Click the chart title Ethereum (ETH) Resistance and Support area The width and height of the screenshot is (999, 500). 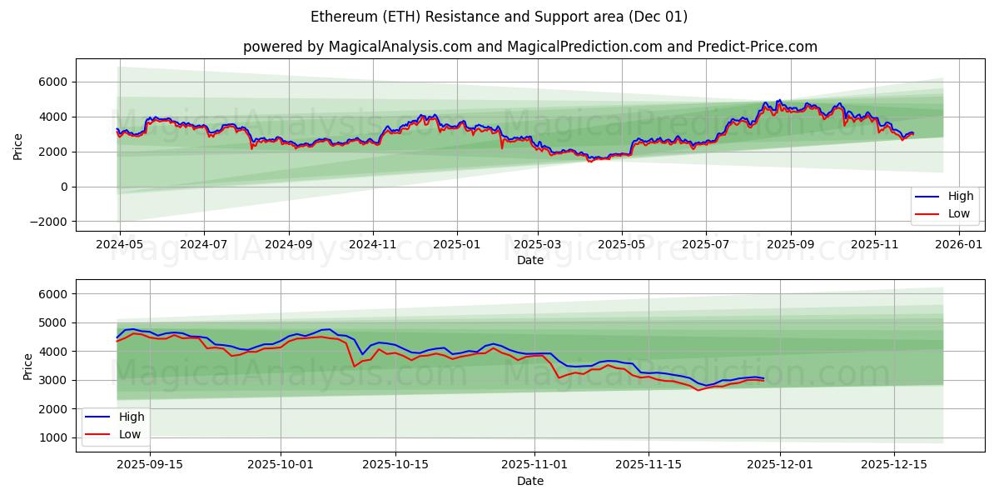(x=499, y=17)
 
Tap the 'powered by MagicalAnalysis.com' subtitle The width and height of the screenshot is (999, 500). (x=529, y=47)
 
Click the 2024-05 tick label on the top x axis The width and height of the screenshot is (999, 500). (x=120, y=244)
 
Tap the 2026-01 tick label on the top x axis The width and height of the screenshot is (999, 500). (x=960, y=244)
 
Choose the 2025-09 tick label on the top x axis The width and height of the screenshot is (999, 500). (x=790, y=244)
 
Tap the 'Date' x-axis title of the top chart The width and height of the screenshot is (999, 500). (x=529, y=260)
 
